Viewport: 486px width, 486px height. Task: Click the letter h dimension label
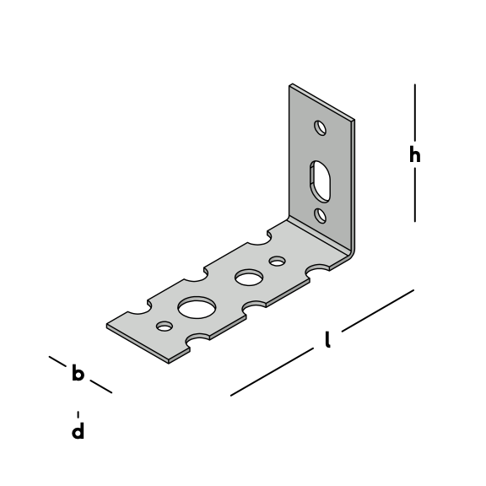415,154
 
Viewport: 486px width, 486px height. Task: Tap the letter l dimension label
327,339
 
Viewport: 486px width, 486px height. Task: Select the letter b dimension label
78,372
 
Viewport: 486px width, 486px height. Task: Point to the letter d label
78,430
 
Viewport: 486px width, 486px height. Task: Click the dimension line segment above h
415,112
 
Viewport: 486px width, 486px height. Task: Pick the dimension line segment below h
415,195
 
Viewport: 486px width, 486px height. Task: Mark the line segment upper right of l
378,310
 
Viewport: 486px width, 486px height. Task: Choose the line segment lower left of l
272,372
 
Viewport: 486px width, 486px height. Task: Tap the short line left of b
57,361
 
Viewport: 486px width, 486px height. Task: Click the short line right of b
101,386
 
